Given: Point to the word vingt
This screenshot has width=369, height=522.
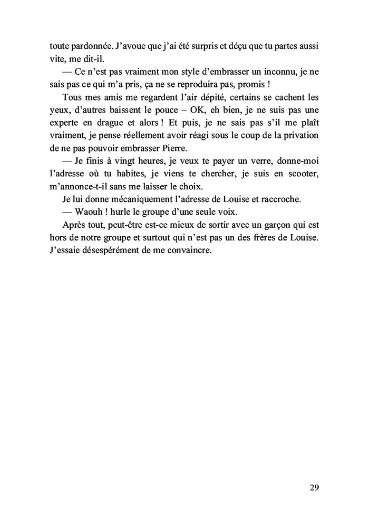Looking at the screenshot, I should click(x=129, y=162).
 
